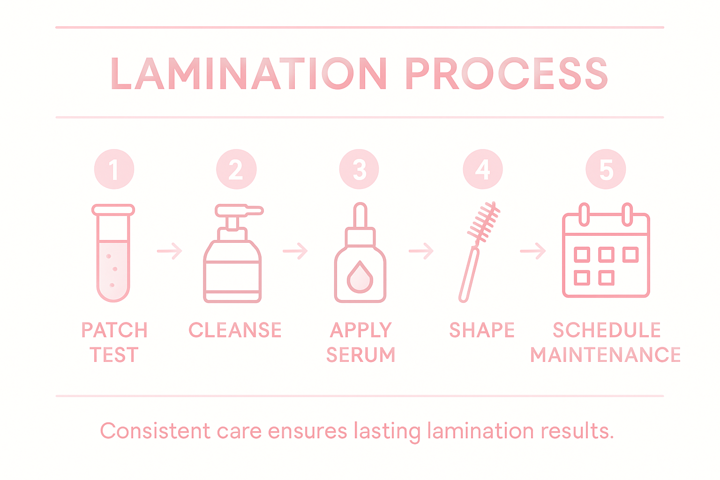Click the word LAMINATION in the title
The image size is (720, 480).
(249, 74)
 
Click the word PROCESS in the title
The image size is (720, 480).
(506, 74)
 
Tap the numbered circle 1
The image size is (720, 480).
(114, 169)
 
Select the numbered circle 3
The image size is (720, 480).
(359, 169)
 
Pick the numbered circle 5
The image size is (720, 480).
(606, 169)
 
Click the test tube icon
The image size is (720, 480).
(113, 253)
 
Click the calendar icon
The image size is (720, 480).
(606, 253)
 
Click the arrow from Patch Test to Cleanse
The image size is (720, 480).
(170, 251)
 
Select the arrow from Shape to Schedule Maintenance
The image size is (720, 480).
(533, 251)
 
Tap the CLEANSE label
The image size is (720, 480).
(235, 330)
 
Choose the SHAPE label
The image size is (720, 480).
(482, 330)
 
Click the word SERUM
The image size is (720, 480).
(360, 355)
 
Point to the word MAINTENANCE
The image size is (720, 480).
(605, 355)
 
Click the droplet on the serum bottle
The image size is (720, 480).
(360, 277)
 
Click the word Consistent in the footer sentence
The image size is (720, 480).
(155, 431)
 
